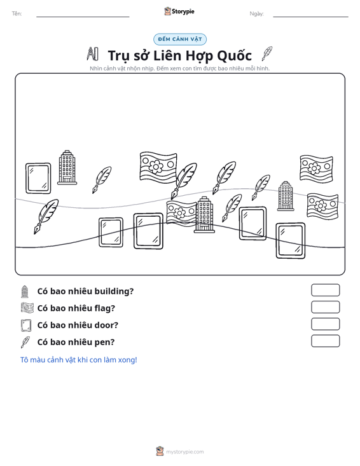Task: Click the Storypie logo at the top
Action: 179,11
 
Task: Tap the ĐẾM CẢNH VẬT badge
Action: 180,39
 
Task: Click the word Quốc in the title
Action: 235,55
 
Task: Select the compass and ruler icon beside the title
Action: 92,54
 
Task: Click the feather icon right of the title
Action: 267,53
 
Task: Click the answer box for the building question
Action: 325,290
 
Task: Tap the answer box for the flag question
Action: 325,307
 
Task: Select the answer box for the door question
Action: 325,324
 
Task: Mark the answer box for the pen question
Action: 325,341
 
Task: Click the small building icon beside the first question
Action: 25,292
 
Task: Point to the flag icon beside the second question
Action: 27,308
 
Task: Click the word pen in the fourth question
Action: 102,343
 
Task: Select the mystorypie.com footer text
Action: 184,452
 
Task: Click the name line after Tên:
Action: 83,17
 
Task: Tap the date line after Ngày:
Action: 310,17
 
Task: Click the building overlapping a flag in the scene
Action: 204,215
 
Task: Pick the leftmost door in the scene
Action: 38,178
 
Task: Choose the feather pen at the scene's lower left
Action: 46,216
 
